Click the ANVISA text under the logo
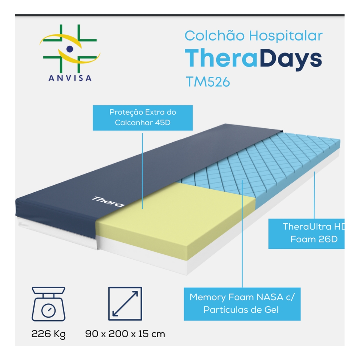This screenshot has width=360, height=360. click(70, 78)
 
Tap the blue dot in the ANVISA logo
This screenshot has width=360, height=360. click(70, 49)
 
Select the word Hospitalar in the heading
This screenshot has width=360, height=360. click(286, 36)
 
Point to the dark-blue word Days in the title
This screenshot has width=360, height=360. click(291, 59)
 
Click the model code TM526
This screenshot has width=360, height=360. click(208, 82)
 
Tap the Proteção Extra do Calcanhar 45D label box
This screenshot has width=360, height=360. click(143, 118)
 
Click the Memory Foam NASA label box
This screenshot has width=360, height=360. click(242, 304)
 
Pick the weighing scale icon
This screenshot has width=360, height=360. click(48, 304)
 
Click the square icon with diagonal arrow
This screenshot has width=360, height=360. click(125, 304)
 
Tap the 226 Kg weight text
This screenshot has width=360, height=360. click(48, 334)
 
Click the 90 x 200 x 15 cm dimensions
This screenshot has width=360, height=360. click(125, 334)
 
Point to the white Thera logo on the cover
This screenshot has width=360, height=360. click(108, 202)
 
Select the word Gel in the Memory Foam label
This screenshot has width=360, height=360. click(271, 310)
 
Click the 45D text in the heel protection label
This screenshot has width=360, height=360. click(163, 123)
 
